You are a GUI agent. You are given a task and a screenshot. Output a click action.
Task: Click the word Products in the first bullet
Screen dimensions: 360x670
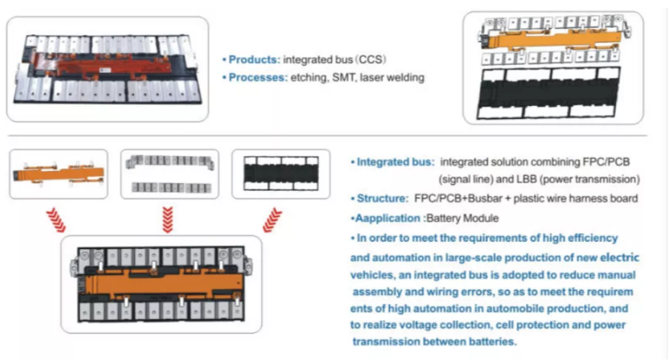253,60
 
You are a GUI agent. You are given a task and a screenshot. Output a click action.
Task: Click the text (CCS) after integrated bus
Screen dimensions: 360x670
371,60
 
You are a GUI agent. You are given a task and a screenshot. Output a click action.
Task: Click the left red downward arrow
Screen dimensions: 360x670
55,217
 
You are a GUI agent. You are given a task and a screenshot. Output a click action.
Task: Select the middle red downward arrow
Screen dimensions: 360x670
167,217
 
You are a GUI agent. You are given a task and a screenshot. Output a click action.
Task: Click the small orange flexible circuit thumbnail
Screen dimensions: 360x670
59,173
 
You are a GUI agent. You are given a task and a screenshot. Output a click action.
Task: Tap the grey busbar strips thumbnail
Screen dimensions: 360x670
169,174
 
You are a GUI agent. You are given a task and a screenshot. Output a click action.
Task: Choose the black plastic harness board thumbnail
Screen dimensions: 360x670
280,173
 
